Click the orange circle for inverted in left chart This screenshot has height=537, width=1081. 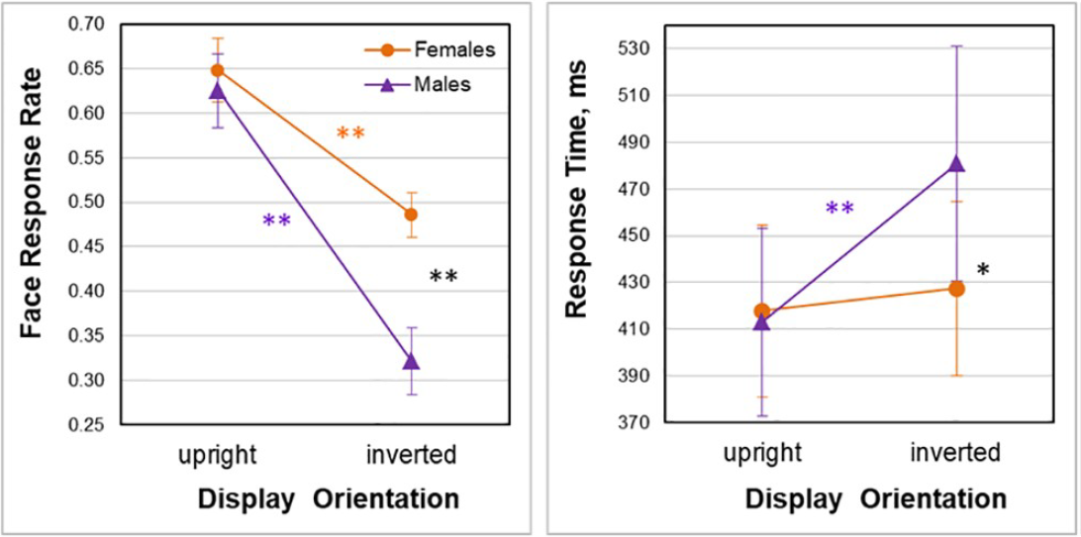coord(411,214)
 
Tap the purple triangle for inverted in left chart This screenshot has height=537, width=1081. coord(411,361)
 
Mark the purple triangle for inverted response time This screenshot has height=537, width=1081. coord(956,164)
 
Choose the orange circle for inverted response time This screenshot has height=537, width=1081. coord(956,289)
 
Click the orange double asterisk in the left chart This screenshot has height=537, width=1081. coord(350,134)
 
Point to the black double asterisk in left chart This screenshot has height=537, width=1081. coord(442,278)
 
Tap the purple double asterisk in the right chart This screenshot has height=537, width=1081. coord(839,209)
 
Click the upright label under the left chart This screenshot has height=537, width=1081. coord(217,455)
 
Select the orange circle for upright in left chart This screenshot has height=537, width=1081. coord(217,70)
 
